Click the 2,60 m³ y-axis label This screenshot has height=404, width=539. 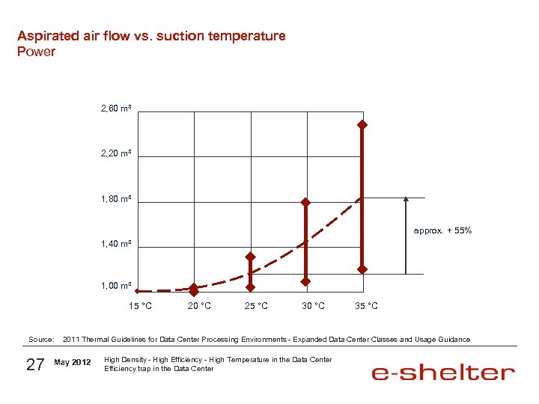(116, 109)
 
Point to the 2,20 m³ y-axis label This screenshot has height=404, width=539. (116, 153)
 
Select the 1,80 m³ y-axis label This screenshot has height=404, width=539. (116, 199)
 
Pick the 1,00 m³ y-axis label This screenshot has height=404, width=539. (116, 286)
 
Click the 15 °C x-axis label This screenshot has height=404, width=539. (140, 306)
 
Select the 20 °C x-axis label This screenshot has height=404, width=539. (199, 306)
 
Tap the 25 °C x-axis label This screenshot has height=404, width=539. (256, 306)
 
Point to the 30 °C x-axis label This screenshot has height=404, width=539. (313, 306)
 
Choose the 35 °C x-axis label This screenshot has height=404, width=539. (366, 306)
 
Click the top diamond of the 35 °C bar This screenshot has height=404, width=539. (362, 124)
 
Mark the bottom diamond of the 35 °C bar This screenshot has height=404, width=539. (362, 269)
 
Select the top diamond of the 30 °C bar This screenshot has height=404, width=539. (305, 202)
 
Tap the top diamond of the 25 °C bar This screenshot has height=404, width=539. (251, 257)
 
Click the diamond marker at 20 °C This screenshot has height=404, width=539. (194, 288)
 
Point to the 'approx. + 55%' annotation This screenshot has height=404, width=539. (442, 230)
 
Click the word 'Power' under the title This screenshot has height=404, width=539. (36, 52)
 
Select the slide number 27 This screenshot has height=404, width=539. (35, 364)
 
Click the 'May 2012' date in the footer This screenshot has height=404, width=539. (73, 363)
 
